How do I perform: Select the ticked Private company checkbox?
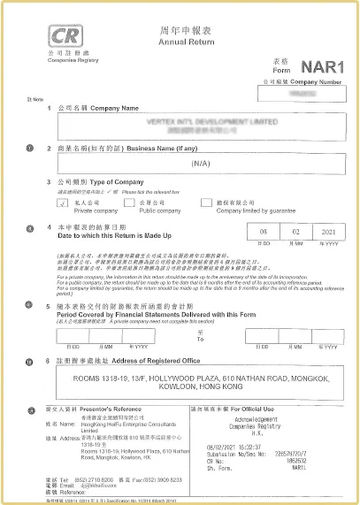click(62, 203)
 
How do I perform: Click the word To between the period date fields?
click(200, 340)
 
